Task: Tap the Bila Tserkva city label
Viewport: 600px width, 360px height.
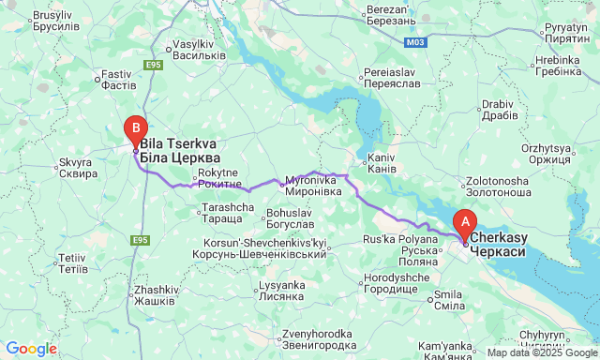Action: [178, 151]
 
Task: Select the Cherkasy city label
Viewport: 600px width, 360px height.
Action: [498, 245]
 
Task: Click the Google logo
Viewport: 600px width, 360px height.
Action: [30, 349]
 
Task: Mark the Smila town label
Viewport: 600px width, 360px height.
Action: [445, 300]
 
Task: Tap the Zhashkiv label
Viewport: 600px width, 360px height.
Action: [155, 294]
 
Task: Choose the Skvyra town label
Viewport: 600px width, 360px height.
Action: [78, 168]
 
